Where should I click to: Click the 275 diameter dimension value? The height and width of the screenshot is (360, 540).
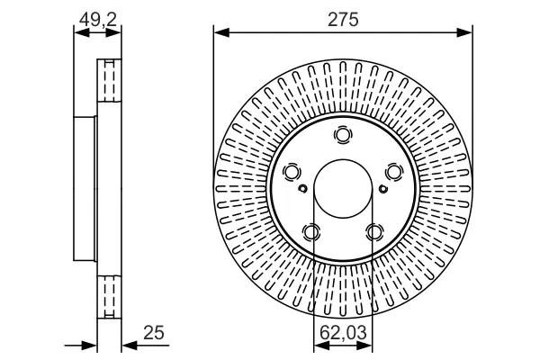click(343, 19)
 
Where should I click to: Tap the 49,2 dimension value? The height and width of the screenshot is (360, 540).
click(98, 20)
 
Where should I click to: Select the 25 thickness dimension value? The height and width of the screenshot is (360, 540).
click(154, 333)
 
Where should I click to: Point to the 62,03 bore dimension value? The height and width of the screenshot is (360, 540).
click(343, 333)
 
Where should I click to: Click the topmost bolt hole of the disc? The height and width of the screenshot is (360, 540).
click(344, 134)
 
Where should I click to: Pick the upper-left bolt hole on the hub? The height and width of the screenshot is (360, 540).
click(292, 172)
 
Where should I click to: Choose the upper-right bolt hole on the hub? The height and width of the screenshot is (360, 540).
click(394, 172)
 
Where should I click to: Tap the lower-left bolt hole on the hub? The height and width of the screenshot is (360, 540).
click(311, 232)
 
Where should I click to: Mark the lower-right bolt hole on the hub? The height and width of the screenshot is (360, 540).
click(374, 232)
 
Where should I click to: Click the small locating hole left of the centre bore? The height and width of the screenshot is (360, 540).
click(302, 188)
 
